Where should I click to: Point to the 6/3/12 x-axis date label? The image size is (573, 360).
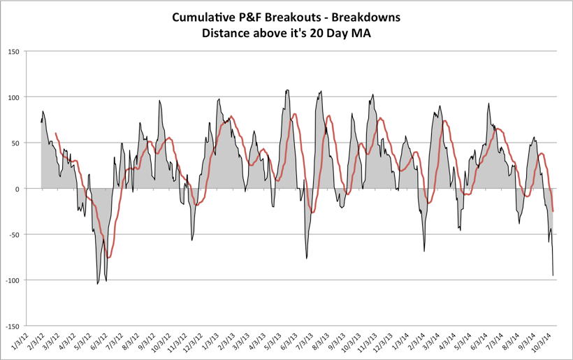pyautogui.click(x=99, y=342)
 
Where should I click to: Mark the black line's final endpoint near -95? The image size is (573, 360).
pyautogui.click(x=553, y=275)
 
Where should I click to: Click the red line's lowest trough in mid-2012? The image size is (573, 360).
pyautogui.click(x=108, y=258)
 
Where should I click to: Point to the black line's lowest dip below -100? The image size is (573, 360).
pyautogui.click(x=97, y=283)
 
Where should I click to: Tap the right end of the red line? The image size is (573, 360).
pyautogui.click(x=553, y=211)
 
